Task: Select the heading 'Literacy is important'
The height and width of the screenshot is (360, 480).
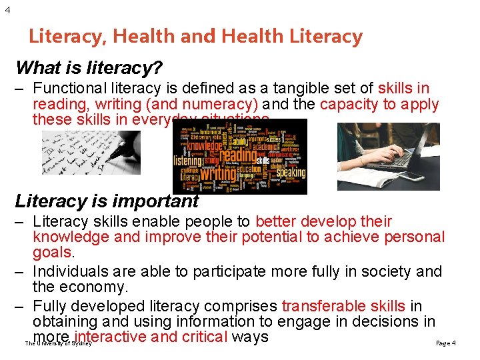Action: (107, 201)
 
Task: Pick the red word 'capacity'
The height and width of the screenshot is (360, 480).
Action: (349, 104)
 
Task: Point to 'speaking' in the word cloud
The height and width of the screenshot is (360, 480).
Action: (289, 173)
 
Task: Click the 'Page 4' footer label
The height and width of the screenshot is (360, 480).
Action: (445, 343)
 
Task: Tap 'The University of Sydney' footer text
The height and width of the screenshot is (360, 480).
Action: (58, 343)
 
